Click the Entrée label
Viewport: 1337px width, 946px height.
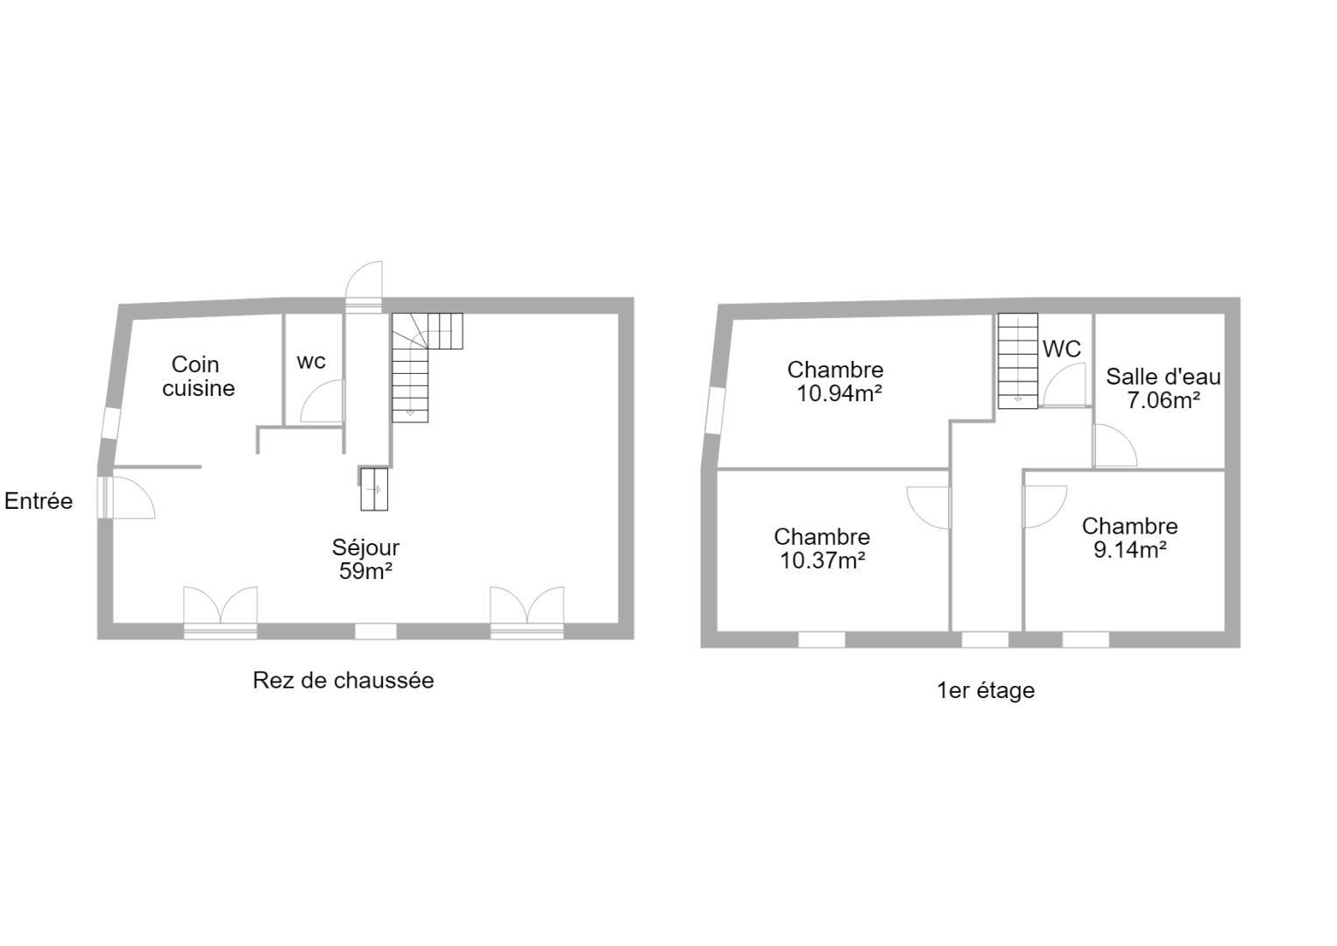coord(39,501)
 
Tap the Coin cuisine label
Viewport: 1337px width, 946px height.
coord(198,377)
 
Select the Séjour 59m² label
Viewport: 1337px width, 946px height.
coord(365,559)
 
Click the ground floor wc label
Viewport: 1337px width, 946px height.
coord(311,362)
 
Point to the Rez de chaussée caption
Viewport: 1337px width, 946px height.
coord(343,681)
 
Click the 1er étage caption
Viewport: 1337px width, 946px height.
coord(986,690)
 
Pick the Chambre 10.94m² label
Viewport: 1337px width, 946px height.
coord(835,381)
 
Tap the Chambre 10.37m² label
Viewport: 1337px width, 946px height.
coord(822,548)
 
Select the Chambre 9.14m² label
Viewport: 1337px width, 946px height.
coord(1130,538)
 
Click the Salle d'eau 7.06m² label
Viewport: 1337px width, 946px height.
coord(1164,389)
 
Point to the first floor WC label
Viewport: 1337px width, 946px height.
coord(1062,349)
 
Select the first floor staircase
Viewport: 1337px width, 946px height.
coord(1018,361)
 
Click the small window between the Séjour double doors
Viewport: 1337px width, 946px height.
coord(376,632)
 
